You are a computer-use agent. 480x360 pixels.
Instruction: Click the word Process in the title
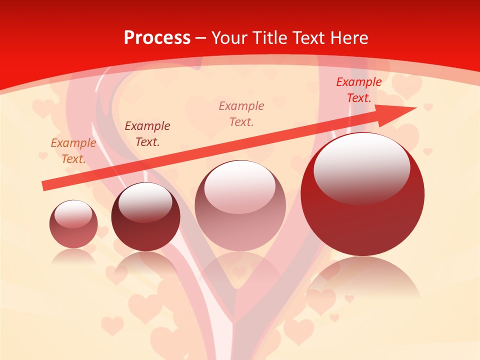157,38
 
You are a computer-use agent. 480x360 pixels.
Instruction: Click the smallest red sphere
73,224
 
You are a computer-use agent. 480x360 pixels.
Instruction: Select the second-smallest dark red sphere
145,217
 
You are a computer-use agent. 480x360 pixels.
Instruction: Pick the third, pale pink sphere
240,205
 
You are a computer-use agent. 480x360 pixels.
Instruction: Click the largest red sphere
362,194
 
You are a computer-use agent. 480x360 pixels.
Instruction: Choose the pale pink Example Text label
241,113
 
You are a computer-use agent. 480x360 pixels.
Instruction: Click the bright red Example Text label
358,90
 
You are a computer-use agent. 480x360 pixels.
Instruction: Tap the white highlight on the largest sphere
361,168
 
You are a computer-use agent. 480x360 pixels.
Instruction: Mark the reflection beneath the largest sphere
362,275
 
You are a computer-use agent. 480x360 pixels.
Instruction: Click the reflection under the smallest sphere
73,256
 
